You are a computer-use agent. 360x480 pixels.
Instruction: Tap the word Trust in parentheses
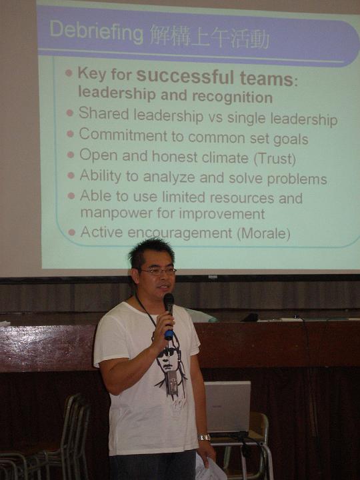click(275, 159)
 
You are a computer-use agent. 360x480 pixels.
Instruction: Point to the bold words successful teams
click(215, 77)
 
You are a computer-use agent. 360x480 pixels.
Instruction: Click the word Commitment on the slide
click(123, 135)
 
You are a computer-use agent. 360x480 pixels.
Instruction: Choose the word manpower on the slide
click(116, 213)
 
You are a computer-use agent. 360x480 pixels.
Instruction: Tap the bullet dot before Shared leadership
click(70, 113)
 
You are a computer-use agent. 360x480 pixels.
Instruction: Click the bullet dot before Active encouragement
click(71, 233)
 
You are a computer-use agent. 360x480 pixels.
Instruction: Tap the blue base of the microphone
click(169, 335)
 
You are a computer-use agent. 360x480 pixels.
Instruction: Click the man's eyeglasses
click(158, 271)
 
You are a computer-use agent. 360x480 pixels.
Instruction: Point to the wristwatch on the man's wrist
click(204, 437)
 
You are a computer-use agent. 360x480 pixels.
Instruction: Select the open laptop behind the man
click(228, 407)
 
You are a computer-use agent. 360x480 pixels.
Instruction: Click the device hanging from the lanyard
click(173, 383)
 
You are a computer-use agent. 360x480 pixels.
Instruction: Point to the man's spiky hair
click(150, 253)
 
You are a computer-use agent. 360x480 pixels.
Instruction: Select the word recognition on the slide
click(233, 97)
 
